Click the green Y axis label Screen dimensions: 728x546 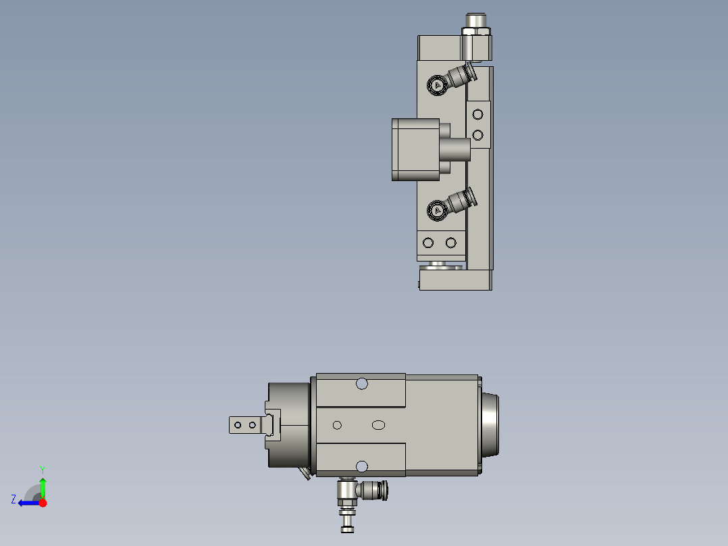[x=43, y=470]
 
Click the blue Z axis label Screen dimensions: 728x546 [x=14, y=499]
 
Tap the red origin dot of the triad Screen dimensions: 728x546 [x=43, y=503]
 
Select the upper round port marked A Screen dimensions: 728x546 [x=438, y=86]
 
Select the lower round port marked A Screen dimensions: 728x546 [x=438, y=211]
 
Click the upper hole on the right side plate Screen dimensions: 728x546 [x=477, y=114]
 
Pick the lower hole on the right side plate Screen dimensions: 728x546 [x=477, y=135]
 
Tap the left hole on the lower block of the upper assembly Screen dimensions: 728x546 [x=428, y=243]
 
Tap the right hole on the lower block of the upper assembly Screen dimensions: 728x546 [x=451, y=243]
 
